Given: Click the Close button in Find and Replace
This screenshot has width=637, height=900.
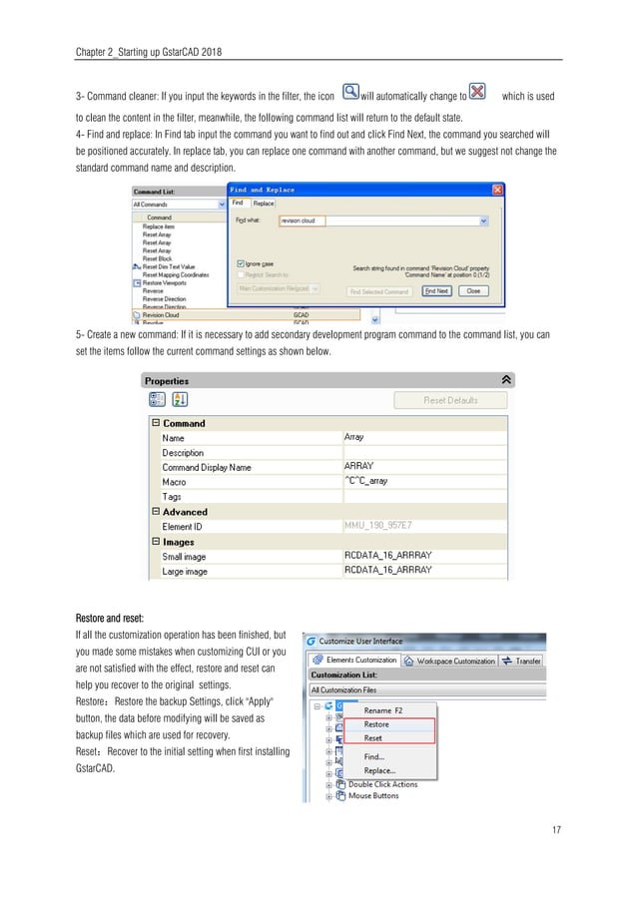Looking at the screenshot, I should (472, 291).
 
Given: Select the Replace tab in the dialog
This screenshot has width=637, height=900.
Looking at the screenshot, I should (264, 203).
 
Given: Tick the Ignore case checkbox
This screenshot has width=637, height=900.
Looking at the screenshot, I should (239, 263).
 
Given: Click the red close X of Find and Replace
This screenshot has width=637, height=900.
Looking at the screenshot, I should (496, 189).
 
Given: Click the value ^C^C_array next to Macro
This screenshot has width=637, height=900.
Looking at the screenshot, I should (366, 481).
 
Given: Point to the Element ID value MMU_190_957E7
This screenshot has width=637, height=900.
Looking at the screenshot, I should (377, 526).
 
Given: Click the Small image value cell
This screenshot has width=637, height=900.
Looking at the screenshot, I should (387, 556).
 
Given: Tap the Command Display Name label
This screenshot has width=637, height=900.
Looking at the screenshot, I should (207, 467).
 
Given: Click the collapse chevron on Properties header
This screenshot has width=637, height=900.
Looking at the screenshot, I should (506, 380).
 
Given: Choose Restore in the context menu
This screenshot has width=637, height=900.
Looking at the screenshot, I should (376, 724).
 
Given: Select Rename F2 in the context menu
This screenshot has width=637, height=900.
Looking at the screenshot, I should (382, 710).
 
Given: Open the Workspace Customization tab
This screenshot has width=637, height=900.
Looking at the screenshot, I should (455, 661).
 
